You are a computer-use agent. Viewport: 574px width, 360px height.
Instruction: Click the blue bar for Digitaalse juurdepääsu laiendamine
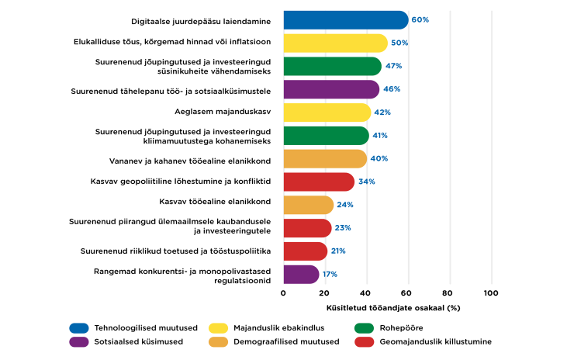345,20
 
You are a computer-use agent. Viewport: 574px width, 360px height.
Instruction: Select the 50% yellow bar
335,43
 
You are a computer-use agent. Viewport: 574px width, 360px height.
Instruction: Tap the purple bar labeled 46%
331,89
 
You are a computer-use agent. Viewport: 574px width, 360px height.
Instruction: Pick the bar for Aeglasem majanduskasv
327,112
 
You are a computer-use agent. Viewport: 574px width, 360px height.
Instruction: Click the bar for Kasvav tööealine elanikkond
308,205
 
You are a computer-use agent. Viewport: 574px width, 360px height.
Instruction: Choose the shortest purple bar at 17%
301,274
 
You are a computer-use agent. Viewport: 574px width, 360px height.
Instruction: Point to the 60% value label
420,20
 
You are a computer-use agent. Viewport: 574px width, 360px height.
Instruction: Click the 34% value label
366,182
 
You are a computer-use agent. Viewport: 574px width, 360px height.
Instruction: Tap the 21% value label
339,251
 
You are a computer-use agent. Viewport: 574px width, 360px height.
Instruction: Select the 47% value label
393,66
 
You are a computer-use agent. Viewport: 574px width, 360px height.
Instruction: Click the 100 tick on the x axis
490,293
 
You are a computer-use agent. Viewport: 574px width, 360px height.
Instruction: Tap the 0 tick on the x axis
284,293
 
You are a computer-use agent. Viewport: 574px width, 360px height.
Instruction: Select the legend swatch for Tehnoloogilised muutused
79,327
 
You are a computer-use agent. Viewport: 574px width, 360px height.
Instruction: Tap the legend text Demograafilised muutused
271,341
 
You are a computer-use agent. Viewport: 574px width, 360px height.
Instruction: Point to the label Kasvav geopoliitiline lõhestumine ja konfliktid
181,182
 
